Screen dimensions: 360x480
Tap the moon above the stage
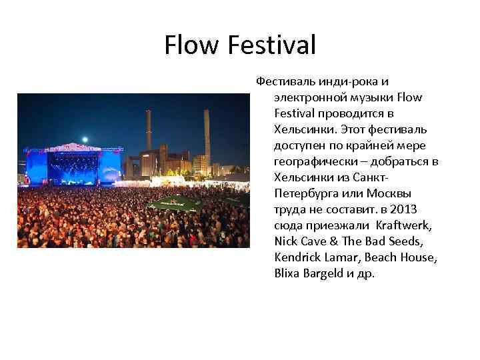click(x=85, y=139)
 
